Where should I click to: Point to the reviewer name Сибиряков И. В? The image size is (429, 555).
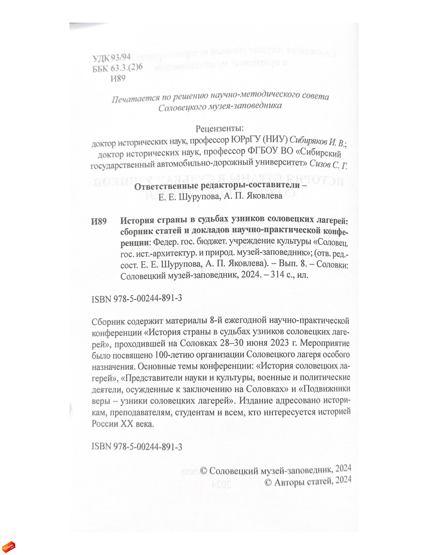317,141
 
